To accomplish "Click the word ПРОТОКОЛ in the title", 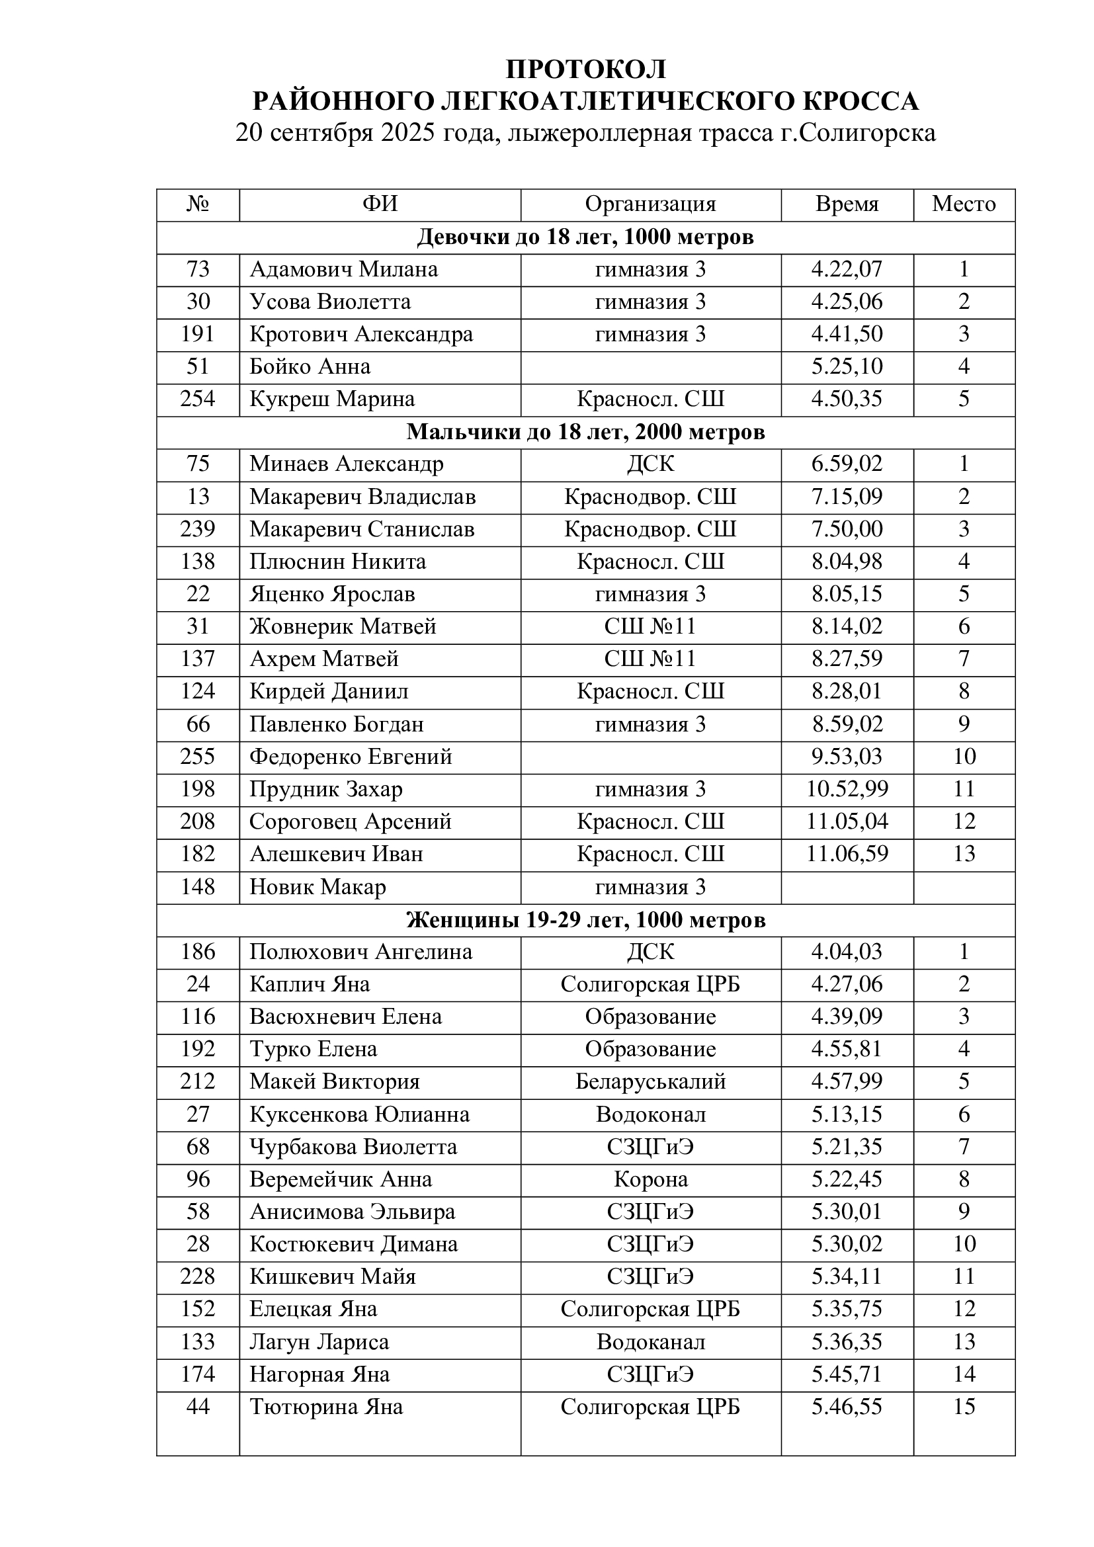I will pyautogui.click(x=586, y=69).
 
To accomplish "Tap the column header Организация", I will pyautogui.click(x=650, y=204).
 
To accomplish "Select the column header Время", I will pyautogui.click(x=847, y=204).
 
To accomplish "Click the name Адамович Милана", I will pyautogui.click(x=343, y=269).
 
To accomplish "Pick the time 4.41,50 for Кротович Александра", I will pyautogui.click(x=847, y=334).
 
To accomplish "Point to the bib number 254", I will pyautogui.click(x=197, y=399).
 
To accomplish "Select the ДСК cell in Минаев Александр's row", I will pyautogui.click(x=650, y=464).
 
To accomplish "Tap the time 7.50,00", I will pyautogui.click(x=847, y=529).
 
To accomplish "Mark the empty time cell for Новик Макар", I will pyautogui.click(x=847, y=887).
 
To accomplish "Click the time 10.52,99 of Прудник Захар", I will pyautogui.click(x=847, y=789).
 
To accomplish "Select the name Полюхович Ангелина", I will pyautogui.click(x=360, y=952).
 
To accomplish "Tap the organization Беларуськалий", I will pyautogui.click(x=650, y=1082).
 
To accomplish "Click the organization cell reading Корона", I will pyautogui.click(x=650, y=1180).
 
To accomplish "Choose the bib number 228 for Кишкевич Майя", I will pyautogui.click(x=197, y=1276).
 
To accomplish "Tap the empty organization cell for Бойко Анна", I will pyautogui.click(x=650, y=366).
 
